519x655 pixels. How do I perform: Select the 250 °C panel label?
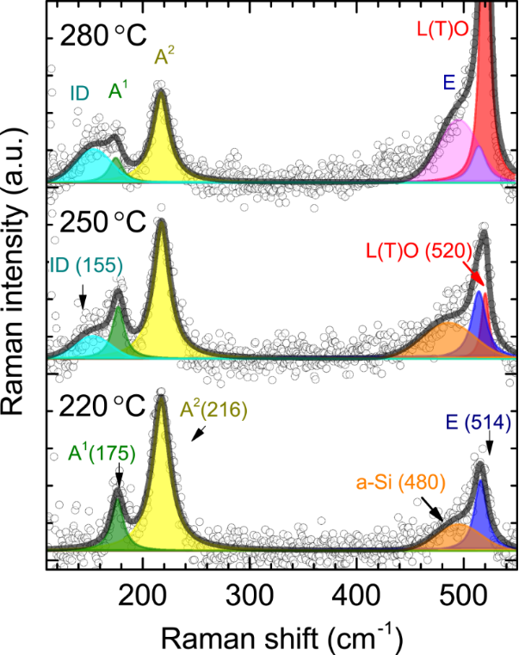[x=97, y=223]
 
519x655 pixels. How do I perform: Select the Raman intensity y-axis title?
[x=20, y=284]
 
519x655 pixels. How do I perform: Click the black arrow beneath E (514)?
[x=490, y=446]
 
